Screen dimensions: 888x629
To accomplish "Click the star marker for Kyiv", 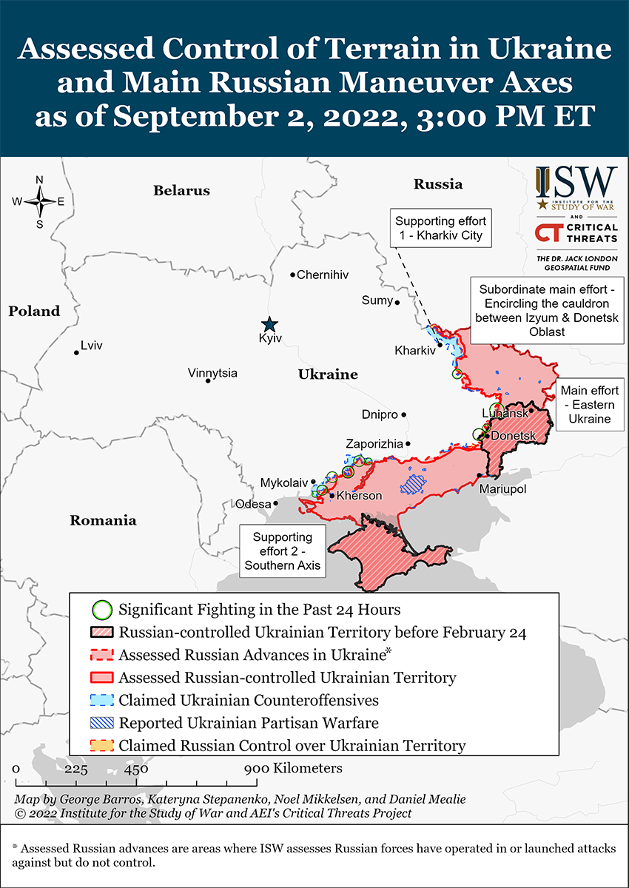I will (x=269, y=324).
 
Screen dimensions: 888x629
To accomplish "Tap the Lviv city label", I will (x=92, y=346).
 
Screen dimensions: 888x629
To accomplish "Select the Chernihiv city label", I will (x=322, y=275).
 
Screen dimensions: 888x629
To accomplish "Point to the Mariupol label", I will (x=502, y=489).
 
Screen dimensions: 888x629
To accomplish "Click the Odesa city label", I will (x=253, y=504).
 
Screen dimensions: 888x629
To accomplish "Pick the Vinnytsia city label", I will (x=212, y=373).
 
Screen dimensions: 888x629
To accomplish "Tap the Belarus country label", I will (x=181, y=191).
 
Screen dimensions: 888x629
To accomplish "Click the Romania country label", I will (x=103, y=520).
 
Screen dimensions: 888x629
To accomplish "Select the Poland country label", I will (x=34, y=312).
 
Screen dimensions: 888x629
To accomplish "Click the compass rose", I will (x=39, y=201).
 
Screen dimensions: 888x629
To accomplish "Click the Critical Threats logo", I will (x=576, y=234).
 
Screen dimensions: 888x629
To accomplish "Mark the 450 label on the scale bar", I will (x=136, y=768).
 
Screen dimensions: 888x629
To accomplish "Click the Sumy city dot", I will (x=397, y=302).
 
